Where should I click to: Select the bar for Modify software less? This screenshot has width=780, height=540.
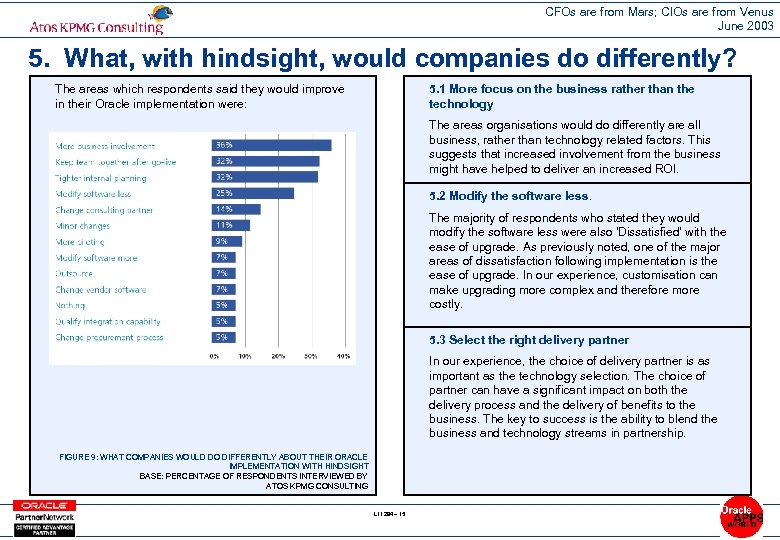252,193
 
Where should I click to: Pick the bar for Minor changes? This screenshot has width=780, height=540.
230,225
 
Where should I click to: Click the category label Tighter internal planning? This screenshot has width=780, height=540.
100,178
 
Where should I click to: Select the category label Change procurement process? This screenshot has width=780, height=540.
109,338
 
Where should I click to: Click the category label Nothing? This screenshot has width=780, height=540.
70,306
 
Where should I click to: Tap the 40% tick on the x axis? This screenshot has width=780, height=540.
343,356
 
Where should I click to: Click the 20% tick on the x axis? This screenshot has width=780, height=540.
278,356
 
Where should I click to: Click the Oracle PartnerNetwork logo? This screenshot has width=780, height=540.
42,516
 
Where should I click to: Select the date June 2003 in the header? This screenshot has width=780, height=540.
745,26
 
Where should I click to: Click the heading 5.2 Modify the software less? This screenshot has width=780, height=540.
510,196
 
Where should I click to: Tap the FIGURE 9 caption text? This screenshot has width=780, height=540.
214,471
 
